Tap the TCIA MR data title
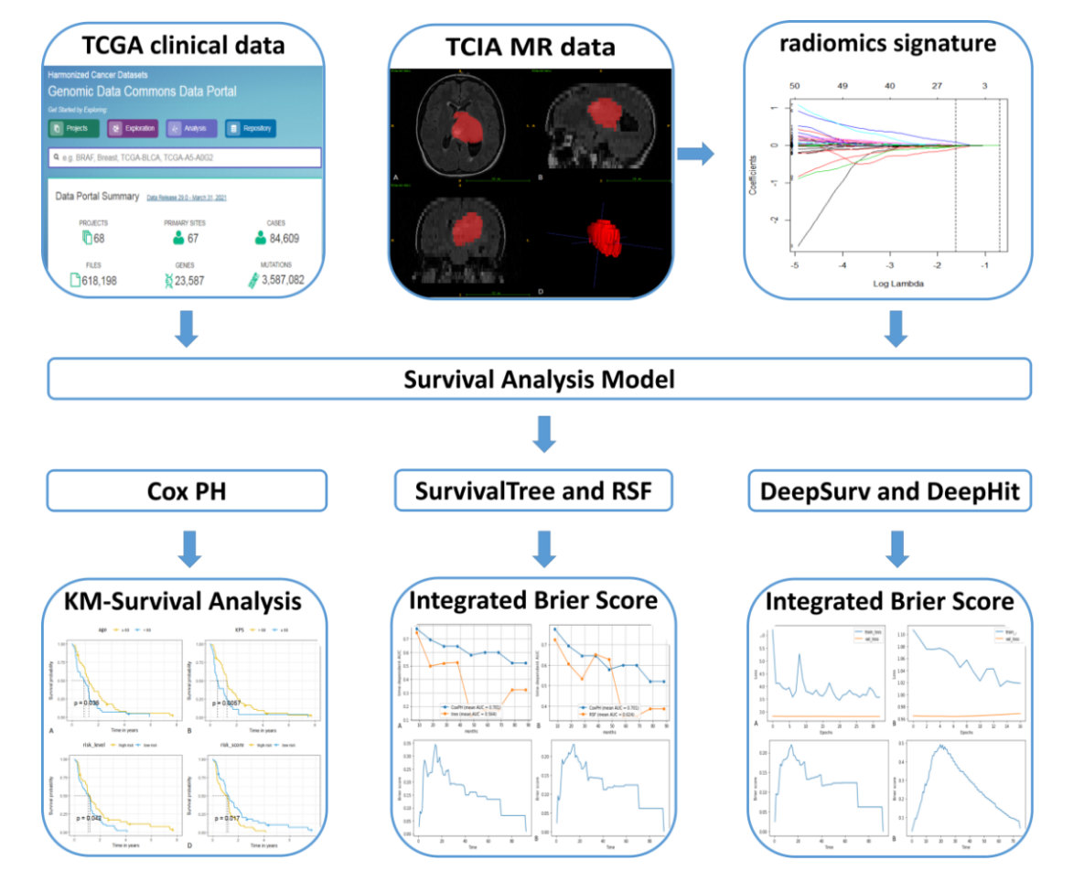click(531, 46)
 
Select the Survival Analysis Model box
click(539, 378)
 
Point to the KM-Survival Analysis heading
click(188, 601)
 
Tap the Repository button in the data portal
click(251, 129)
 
